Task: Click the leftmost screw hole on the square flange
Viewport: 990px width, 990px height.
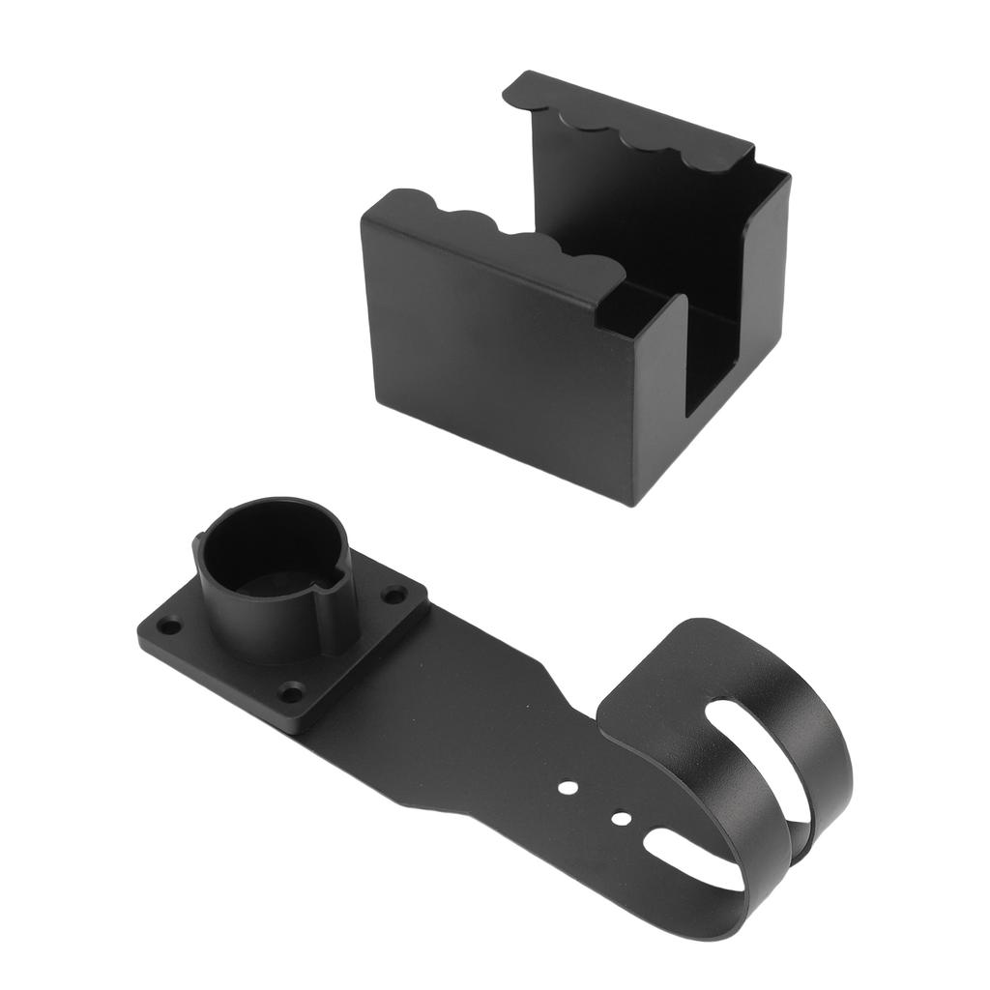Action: [x=169, y=626]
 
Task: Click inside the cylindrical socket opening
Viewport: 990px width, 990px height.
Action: [x=266, y=561]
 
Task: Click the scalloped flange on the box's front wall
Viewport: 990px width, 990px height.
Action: [x=503, y=242]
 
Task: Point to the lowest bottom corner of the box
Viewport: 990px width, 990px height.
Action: [x=633, y=503]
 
